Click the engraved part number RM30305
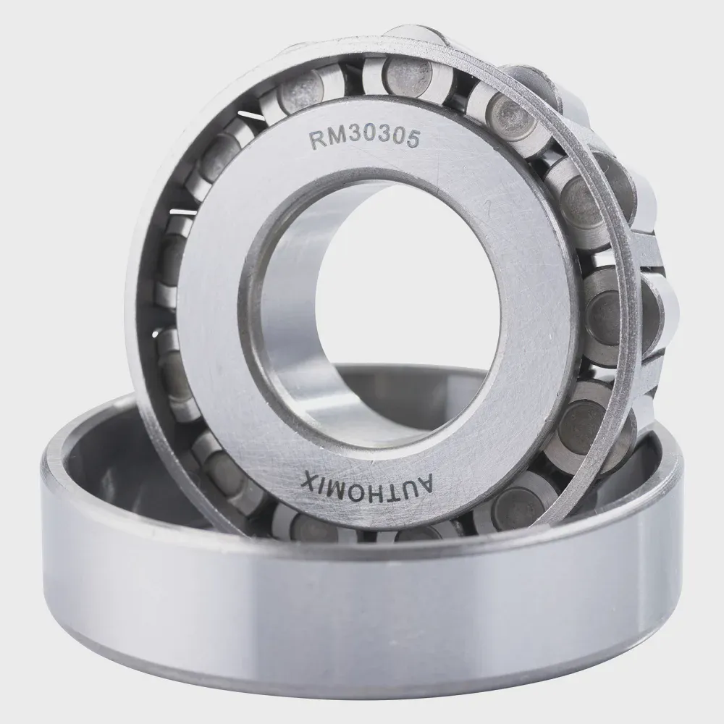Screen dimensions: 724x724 click(364, 138)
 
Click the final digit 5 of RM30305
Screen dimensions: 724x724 click(413, 139)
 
